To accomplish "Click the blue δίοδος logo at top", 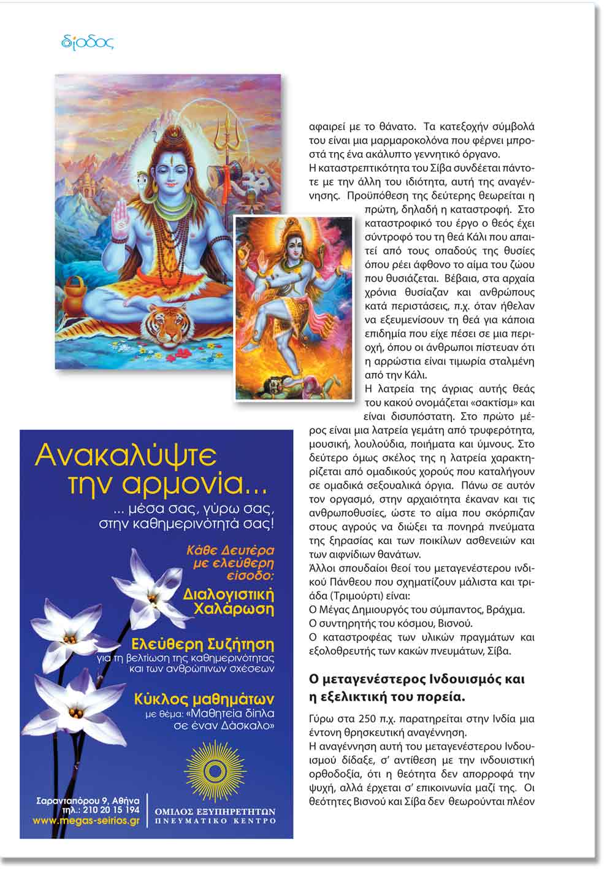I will click(88, 42).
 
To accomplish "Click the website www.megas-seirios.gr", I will click(86, 820).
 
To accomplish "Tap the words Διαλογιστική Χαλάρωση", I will click(229, 602).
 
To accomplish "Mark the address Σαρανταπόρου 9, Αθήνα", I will click(88, 800).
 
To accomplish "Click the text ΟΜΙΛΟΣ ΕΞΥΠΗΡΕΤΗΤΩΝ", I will click(215, 811).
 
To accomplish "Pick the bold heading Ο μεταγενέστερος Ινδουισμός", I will click(417, 680).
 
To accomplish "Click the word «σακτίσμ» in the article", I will click(489, 403).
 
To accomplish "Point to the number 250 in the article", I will click(366, 718).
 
